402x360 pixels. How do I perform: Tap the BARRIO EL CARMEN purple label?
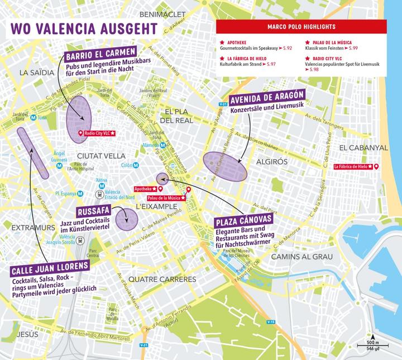(101, 56)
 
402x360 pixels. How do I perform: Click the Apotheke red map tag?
(147, 189)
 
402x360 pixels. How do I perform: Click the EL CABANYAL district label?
(363, 147)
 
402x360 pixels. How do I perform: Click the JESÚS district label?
(27, 334)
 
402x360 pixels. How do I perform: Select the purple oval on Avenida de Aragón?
(225, 166)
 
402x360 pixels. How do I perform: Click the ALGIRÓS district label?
(271, 161)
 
